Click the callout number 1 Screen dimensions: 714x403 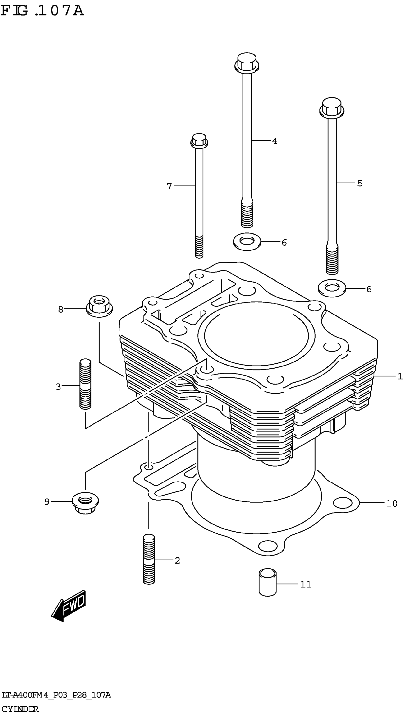click(x=399, y=376)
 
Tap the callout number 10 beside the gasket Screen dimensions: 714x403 click(x=391, y=503)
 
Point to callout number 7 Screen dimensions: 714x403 click(x=169, y=186)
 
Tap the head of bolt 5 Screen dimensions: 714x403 click(x=332, y=107)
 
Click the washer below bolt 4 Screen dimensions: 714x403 click(x=247, y=241)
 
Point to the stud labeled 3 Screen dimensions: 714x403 click(x=85, y=384)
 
